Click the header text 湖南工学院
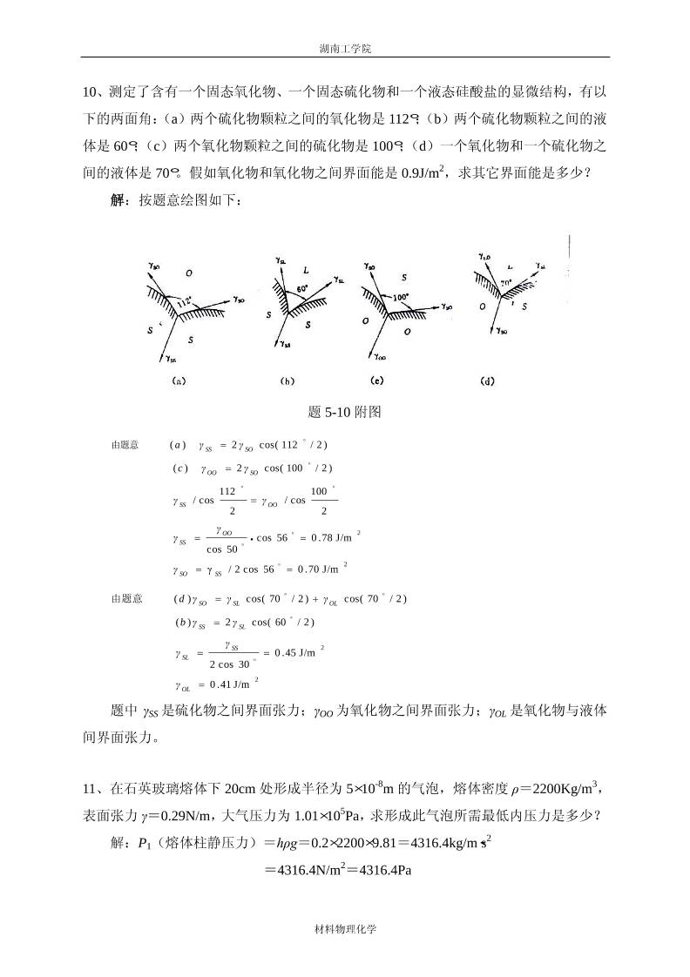[x=345, y=49]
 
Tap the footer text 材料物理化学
[x=345, y=928]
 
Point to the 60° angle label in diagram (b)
[x=302, y=287]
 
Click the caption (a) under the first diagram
[x=179, y=381]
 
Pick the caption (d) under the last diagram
[x=488, y=381]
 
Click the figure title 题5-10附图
[x=345, y=412]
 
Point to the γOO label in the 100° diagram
[x=381, y=355]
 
